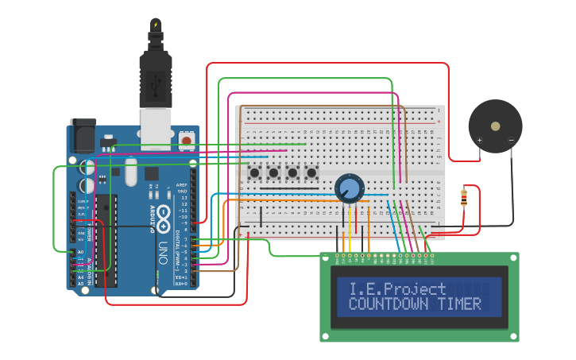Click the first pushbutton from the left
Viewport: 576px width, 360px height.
coord(255,172)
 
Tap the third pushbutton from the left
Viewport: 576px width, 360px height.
coord(293,172)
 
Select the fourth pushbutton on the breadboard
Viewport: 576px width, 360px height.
coord(312,172)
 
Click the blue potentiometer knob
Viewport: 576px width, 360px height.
coord(348,188)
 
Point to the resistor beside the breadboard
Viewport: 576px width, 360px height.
coord(464,197)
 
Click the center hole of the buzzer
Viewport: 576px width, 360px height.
coord(495,126)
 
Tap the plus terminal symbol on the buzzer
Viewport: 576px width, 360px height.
coord(479,141)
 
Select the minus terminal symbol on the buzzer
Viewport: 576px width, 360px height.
coord(511,141)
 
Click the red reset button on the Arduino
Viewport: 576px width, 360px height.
coord(187,141)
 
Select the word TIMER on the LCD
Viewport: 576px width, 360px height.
coord(455,304)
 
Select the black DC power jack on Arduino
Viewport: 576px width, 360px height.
coord(82,137)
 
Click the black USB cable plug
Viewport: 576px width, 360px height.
coord(156,75)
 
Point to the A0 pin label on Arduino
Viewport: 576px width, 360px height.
coord(80,252)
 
